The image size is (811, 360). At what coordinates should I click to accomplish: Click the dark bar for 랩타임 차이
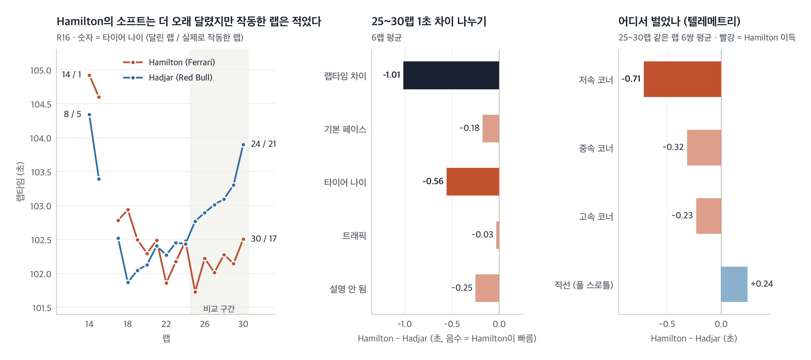pos(451,75)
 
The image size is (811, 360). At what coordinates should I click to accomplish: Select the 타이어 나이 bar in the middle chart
pos(473,182)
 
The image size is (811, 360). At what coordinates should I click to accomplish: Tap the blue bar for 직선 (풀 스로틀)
pos(734,284)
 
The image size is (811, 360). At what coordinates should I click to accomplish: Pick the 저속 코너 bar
pos(682,79)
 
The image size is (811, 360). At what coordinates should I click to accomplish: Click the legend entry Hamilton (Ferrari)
pos(169,62)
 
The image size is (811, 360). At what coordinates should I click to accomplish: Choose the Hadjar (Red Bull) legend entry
pos(168,77)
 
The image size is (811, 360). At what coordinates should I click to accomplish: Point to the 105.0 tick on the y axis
pos(40,70)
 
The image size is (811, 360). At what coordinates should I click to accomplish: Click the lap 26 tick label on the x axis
pos(205,324)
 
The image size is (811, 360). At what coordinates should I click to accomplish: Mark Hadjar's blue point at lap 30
pos(243,145)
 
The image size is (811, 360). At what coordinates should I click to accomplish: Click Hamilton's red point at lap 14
pos(89,75)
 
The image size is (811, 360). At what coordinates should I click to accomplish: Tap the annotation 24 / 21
pos(263,144)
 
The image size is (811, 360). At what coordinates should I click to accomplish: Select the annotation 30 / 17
pos(264,239)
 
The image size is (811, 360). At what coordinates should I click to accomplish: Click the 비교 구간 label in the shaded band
pos(219,308)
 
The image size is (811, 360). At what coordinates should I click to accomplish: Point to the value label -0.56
pos(433,181)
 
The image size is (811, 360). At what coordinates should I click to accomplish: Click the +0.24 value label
pos(762,284)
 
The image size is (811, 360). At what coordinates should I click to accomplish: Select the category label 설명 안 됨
pos(348,288)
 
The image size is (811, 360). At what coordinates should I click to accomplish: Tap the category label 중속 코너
pos(596,148)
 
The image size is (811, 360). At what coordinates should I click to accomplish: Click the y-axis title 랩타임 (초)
pos(20,182)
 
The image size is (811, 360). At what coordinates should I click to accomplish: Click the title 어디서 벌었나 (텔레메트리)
pos(679,21)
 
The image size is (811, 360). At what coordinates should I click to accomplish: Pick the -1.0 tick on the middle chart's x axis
pos(404,324)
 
